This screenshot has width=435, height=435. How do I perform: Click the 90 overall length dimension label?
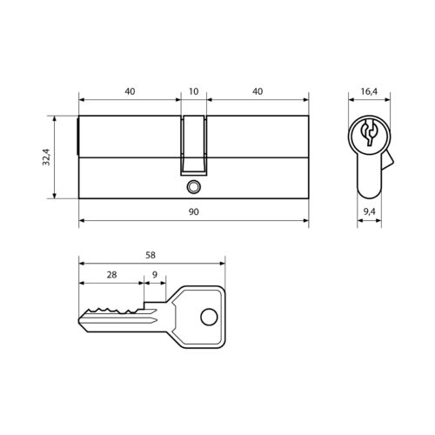[193, 211]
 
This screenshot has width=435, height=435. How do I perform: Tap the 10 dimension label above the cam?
[193, 90]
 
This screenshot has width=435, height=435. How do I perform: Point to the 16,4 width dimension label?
[368, 90]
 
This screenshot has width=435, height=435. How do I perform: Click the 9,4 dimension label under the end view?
[368, 211]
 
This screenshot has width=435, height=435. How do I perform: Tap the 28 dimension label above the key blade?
[111, 274]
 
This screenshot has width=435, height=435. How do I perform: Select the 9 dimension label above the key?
[154, 274]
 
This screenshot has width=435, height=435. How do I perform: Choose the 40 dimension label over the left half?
[130, 90]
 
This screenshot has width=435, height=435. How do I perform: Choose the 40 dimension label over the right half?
[258, 90]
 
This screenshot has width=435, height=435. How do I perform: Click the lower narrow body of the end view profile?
[368, 180]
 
